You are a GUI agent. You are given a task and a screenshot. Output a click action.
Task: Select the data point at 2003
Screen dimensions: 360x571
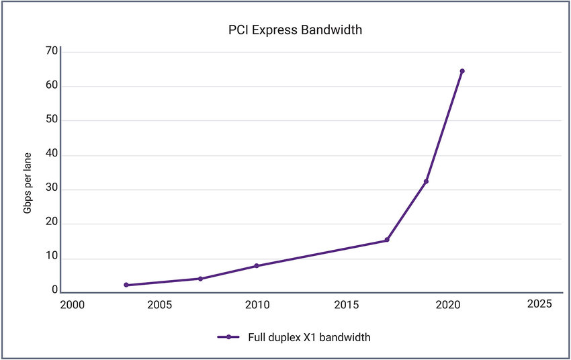pyautogui.click(x=126, y=285)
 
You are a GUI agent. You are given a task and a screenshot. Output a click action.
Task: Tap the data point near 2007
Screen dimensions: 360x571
pyautogui.click(x=200, y=279)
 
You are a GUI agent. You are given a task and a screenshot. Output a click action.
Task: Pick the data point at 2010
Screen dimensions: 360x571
pyautogui.click(x=257, y=266)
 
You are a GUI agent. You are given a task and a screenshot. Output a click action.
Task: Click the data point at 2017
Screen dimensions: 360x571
pyautogui.click(x=387, y=240)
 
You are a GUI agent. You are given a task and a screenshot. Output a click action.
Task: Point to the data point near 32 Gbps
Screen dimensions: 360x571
pyautogui.click(x=426, y=181)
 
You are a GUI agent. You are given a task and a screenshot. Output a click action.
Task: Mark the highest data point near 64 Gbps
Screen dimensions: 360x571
pyautogui.click(x=462, y=71)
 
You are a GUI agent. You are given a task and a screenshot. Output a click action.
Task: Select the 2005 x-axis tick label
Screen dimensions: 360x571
pyautogui.click(x=160, y=304)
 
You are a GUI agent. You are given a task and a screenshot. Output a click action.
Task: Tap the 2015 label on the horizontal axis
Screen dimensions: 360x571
pyautogui.click(x=347, y=304)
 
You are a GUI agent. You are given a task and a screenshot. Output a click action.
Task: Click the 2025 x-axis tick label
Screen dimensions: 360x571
pyautogui.click(x=539, y=304)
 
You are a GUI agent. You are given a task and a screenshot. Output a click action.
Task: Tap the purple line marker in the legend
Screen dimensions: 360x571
pyautogui.click(x=229, y=337)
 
